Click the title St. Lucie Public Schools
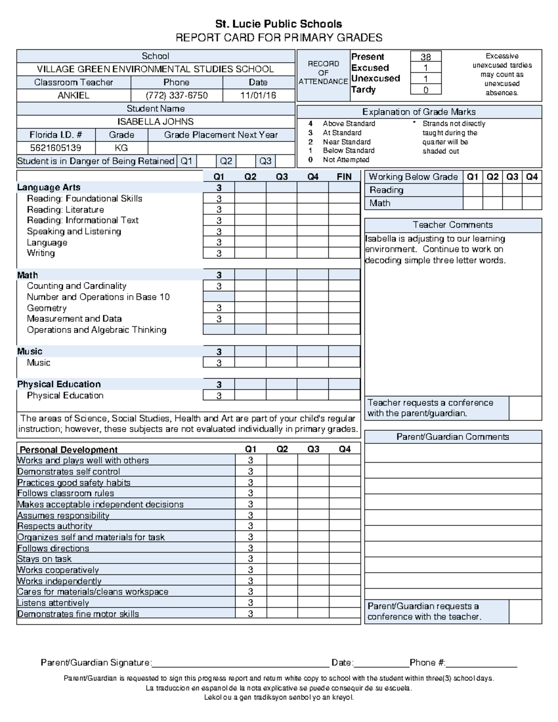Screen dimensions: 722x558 pyautogui.click(x=278, y=24)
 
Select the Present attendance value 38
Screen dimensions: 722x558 pyautogui.click(x=425, y=57)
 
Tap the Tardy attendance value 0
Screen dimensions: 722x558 pyautogui.click(x=425, y=90)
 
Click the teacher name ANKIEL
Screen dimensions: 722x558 pyautogui.click(x=73, y=95)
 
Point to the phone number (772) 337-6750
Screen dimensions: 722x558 pyautogui.click(x=177, y=95)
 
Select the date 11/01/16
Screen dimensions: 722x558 pyautogui.click(x=258, y=95)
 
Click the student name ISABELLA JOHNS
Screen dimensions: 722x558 pyautogui.click(x=155, y=122)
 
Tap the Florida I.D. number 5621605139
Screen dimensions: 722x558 pyautogui.click(x=55, y=148)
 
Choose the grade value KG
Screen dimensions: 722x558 pyautogui.click(x=121, y=148)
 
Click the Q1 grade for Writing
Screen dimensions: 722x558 pyautogui.click(x=219, y=253)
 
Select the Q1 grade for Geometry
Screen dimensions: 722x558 pyautogui.click(x=219, y=308)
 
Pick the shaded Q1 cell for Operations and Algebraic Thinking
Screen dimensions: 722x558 pyautogui.click(x=219, y=330)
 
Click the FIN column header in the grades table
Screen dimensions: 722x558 pyautogui.click(x=344, y=177)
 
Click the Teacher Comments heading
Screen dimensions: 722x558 pyautogui.click(x=452, y=225)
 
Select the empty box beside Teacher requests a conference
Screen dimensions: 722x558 pyautogui.click(x=525, y=408)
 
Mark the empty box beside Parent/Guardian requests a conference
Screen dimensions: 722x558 pyautogui.click(x=525, y=611)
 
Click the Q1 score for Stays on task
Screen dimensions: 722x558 pyautogui.click(x=250, y=559)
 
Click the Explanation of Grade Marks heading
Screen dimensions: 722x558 pyautogui.click(x=418, y=112)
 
